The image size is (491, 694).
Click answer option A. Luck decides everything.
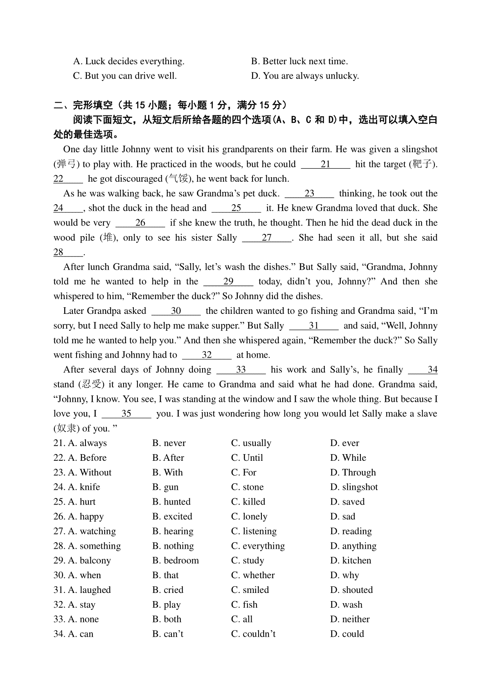pos(128,61)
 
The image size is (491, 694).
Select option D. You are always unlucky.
pos(305,76)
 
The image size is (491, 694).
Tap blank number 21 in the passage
pos(326,164)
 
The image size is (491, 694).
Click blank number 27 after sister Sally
pos(267,238)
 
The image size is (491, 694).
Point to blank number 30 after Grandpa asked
pos(176,311)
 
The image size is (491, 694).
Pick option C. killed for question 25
pos(248,502)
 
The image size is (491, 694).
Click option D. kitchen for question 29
pos(351,561)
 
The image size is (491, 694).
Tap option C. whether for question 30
pos(253,575)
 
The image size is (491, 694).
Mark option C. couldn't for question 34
pos(253,634)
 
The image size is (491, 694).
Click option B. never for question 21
pos(169,443)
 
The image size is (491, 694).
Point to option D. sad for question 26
pos(343,516)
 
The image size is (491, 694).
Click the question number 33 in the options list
pos(59,620)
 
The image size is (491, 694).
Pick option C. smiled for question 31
pos(250,590)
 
